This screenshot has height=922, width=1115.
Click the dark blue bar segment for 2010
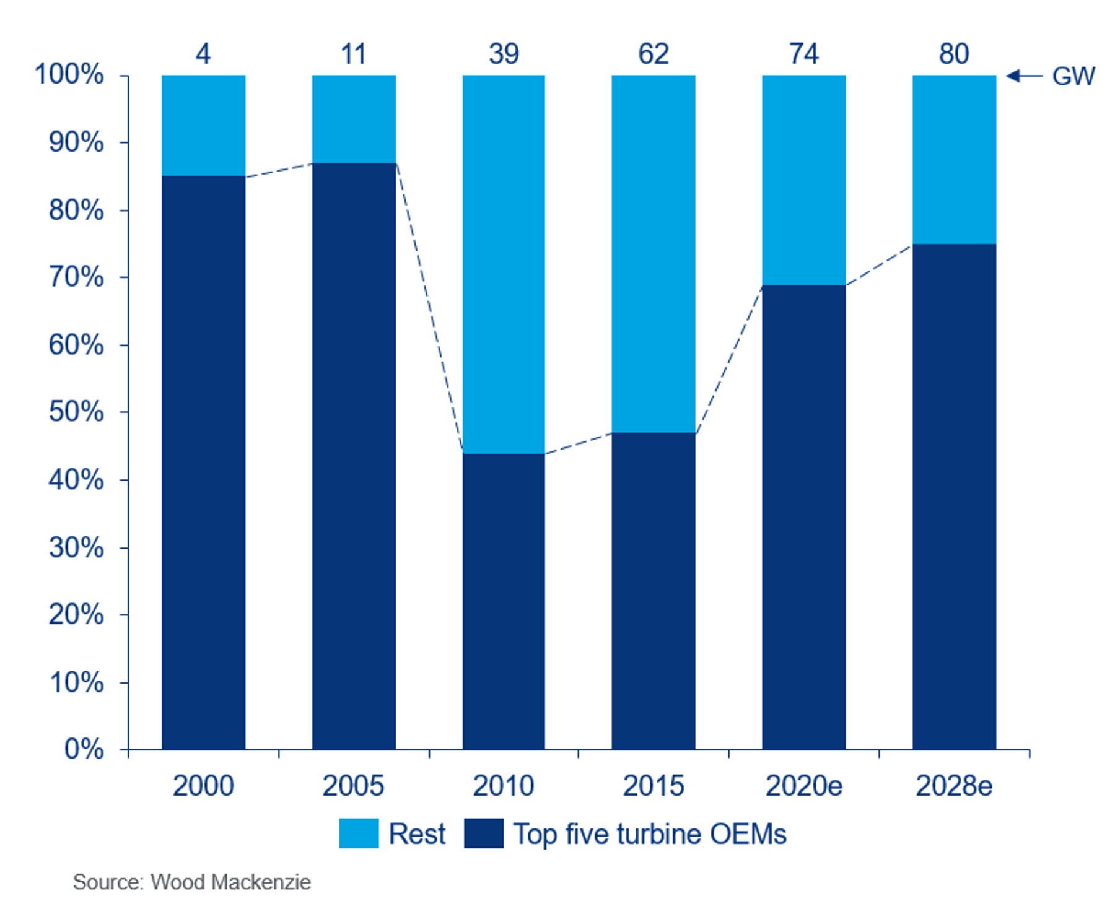pyautogui.click(x=504, y=601)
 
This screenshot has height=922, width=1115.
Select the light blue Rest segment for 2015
pyautogui.click(x=654, y=254)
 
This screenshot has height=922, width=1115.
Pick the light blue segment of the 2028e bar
pyautogui.click(x=954, y=159)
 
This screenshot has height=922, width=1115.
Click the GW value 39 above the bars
pyautogui.click(x=504, y=54)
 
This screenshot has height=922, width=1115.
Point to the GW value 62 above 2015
pyautogui.click(x=654, y=54)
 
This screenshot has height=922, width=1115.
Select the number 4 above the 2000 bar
pyautogui.click(x=203, y=54)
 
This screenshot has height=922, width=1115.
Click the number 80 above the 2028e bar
pyautogui.click(x=954, y=54)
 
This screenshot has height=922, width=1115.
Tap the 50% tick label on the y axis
pyautogui.click(x=76, y=412)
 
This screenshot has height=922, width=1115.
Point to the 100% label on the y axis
pyautogui.click(x=69, y=74)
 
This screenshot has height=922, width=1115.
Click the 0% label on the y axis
pyautogui.click(x=84, y=749)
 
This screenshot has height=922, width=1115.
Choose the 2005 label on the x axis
pyautogui.click(x=353, y=786)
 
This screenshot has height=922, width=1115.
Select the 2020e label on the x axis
pyautogui.click(x=804, y=786)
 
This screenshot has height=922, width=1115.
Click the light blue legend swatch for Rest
pyautogui.click(x=359, y=833)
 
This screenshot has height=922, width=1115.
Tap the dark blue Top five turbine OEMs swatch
pyautogui.click(x=484, y=833)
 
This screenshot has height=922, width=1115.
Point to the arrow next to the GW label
pyautogui.click(x=1024, y=76)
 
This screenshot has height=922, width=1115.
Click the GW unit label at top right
pyautogui.click(x=1073, y=76)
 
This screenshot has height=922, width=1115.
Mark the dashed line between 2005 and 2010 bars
pyautogui.click(x=429, y=306)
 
